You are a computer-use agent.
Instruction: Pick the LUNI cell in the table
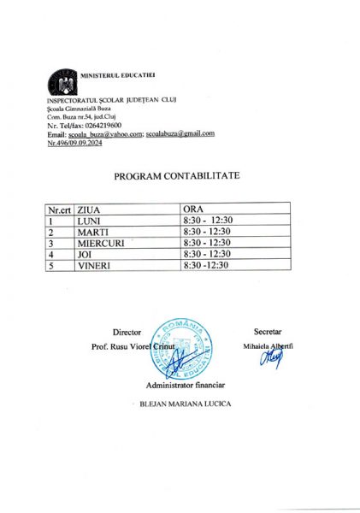click(89, 221)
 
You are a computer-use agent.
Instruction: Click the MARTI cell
click(91, 232)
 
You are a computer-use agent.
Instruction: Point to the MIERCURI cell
click(101, 243)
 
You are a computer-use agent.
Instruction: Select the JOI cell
click(86, 254)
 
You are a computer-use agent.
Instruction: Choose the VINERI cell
click(94, 266)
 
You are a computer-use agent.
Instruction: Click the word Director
click(126, 331)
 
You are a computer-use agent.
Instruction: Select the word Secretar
click(268, 331)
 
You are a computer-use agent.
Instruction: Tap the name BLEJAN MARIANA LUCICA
click(185, 404)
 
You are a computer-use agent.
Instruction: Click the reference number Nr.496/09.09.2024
click(81, 142)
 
